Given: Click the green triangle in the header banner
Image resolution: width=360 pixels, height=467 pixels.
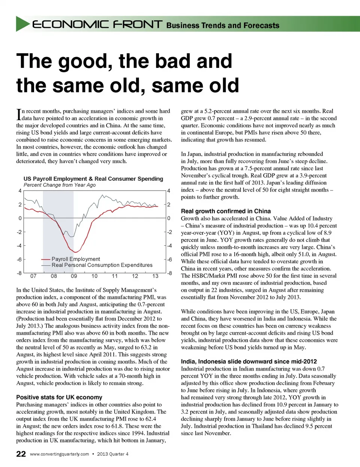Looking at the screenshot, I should [x=22, y=24].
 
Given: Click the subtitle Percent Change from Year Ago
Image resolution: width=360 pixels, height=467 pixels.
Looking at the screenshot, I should [x=59, y=185].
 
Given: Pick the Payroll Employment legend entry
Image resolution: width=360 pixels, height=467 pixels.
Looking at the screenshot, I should [x=75, y=259].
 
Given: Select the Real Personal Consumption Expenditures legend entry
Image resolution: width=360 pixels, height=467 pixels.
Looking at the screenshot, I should [x=102, y=265].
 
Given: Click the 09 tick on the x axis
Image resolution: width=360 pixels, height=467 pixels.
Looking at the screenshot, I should [x=74, y=276].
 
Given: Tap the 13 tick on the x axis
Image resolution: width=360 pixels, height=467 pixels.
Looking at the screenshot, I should [x=155, y=276].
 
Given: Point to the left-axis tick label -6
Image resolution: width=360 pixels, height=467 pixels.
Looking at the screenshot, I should [x=19, y=260].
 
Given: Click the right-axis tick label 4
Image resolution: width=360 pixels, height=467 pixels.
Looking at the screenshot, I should [x=169, y=191].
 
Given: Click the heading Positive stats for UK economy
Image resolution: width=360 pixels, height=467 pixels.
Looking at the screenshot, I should [x=59, y=397].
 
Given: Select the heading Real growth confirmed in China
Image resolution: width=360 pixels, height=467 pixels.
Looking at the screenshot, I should [x=226, y=211].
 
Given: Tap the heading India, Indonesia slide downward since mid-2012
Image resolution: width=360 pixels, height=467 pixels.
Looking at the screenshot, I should [x=249, y=361].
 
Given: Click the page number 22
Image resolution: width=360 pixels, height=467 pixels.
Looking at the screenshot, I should [x=21, y=454].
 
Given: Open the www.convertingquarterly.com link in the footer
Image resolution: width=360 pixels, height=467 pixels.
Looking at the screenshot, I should [x=59, y=454].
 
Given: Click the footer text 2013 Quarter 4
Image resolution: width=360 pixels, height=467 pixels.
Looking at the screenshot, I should [x=112, y=454].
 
